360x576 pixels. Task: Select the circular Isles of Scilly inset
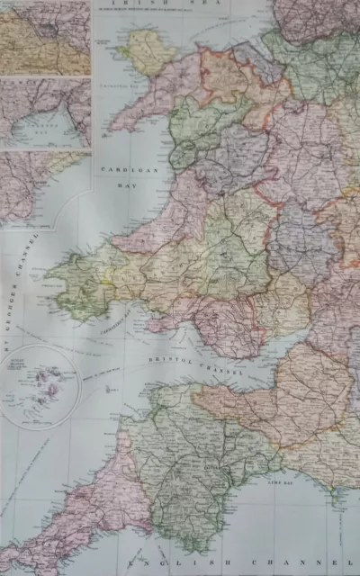click(40, 382)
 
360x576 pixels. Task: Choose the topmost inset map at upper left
click(45, 38)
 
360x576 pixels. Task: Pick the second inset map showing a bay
click(45, 112)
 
